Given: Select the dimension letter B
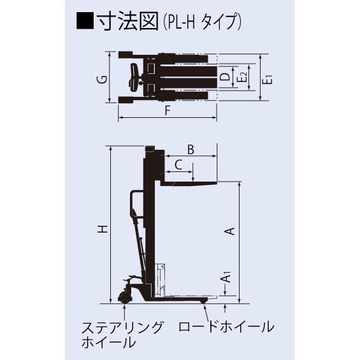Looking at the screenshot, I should (190, 149).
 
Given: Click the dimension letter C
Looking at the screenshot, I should (179, 164).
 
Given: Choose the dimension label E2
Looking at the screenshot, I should (245, 78).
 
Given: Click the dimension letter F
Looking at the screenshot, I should (167, 110).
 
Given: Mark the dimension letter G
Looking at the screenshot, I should (101, 79).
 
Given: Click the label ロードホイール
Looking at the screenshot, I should (226, 328).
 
